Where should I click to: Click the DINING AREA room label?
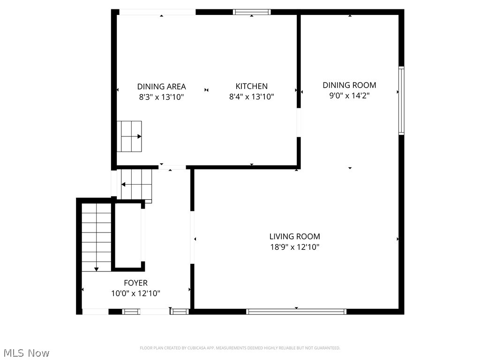click(161, 86)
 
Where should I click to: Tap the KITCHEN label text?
click(251, 86)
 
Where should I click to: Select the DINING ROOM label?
click(349, 85)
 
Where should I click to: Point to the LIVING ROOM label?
click(294, 237)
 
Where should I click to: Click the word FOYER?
click(135, 283)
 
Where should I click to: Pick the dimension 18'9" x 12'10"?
click(294, 247)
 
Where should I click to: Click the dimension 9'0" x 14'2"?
click(349, 96)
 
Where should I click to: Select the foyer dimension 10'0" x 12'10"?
click(135, 293)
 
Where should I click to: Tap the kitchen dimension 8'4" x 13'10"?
click(251, 97)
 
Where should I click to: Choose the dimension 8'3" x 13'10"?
click(161, 97)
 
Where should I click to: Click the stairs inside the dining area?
click(129, 136)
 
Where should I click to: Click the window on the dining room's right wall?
click(401, 101)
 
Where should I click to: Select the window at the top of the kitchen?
click(252, 12)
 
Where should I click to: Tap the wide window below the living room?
click(296, 311)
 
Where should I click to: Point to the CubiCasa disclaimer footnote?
click(240, 348)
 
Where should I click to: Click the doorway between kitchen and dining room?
click(299, 123)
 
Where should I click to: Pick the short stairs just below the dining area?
click(136, 184)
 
